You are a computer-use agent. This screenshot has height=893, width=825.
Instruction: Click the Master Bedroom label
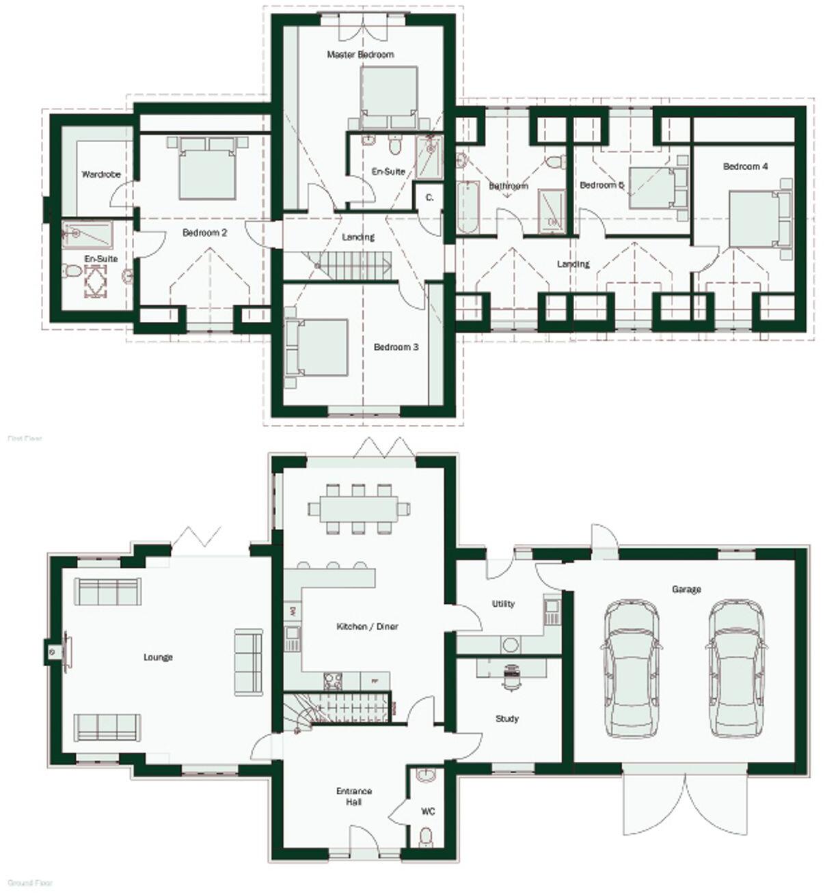tap(360, 55)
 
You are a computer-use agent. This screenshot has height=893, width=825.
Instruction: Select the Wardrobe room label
tap(101, 175)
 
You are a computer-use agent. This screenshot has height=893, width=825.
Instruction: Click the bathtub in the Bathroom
tap(468, 207)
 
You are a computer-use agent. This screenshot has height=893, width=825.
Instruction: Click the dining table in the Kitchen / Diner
tap(359, 508)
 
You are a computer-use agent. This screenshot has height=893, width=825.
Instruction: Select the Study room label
tap(506, 719)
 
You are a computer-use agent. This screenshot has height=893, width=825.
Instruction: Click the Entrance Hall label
tap(354, 797)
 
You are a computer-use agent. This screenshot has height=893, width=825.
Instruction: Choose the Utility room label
tap(503, 604)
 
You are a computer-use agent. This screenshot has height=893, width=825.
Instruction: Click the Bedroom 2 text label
tap(204, 233)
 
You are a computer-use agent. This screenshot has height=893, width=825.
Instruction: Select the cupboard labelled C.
tap(429, 197)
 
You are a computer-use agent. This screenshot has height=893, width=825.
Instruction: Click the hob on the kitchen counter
tap(333, 681)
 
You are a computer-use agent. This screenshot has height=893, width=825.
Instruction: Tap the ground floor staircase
tap(342, 707)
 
